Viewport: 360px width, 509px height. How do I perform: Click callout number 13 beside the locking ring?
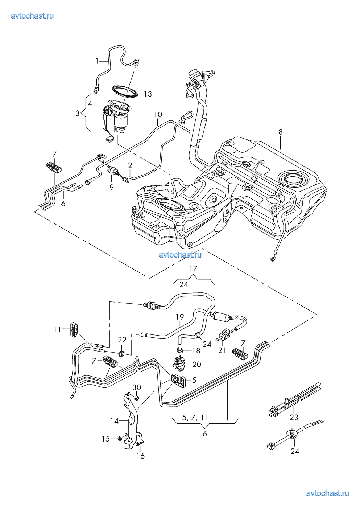point(148,94)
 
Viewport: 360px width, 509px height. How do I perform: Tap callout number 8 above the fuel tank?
point(280,132)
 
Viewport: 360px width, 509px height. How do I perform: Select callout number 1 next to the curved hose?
point(97,61)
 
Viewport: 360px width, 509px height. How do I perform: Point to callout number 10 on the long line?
point(158,115)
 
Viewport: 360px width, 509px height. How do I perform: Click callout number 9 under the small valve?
point(112,187)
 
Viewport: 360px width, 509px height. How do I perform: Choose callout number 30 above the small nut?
point(136,388)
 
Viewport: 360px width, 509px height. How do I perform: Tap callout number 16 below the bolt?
point(140,456)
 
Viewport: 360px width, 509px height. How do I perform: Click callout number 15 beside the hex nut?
point(105,439)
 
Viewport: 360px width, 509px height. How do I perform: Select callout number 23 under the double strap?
point(294,417)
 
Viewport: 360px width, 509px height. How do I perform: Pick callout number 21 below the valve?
point(222,350)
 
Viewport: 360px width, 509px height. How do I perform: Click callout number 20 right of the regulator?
point(196,364)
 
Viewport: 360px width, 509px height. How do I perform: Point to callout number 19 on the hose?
point(180,317)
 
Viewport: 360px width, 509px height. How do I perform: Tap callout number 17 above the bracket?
point(193,269)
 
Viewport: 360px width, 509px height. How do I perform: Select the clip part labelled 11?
point(74,329)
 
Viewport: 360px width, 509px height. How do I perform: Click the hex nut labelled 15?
point(120,439)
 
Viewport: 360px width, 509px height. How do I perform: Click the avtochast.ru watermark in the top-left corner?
point(32,16)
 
